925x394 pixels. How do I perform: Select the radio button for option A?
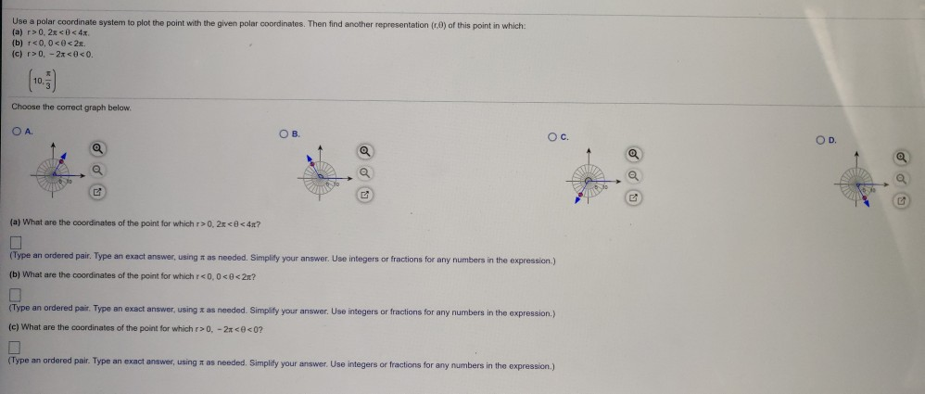point(15,133)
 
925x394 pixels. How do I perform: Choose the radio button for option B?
point(284,133)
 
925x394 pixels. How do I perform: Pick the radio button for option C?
point(552,139)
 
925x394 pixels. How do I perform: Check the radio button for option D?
point(820,139)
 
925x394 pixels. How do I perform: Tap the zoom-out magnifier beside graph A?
point(97,171)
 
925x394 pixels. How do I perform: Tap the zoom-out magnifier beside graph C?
point(633,177)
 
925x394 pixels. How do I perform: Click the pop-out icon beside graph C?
point(633,197)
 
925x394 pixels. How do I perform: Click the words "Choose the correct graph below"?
point(71,107)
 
